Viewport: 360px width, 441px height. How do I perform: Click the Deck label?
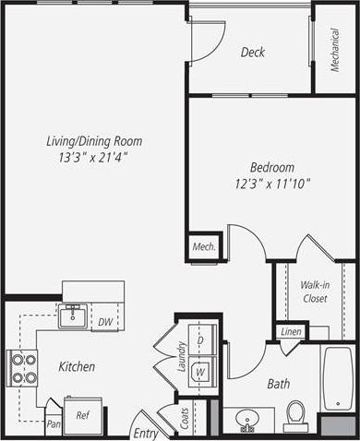(x=252, y=53)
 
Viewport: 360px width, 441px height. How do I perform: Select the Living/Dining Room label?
(x=95, y=141)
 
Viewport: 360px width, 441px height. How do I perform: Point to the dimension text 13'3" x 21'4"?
(x=95, y=157)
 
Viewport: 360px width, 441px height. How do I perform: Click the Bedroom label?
(x=272, y=167)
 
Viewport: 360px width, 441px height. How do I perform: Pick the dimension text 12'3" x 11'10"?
(x=272, y=183)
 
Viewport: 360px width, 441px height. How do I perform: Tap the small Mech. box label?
(x=203, y=246)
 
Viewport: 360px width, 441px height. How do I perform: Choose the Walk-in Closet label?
(x=316, y=292)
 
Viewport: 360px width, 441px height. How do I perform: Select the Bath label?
(x=279, y=383)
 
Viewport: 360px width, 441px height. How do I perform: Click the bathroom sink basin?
(x=247, y=420)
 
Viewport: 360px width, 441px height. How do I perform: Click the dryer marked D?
(x=200, y=340)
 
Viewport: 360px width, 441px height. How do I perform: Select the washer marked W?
(x=200, y=371)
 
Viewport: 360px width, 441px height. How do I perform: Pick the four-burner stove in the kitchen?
(x=23, y=368)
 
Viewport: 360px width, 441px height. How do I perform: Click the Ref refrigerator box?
(x=82, y=415)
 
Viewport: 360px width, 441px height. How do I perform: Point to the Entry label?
(x=145, y=433)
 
